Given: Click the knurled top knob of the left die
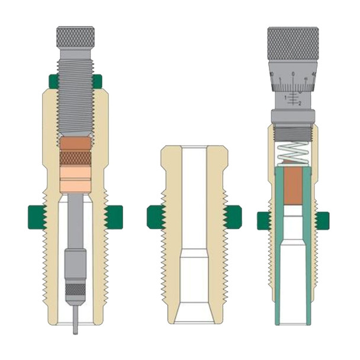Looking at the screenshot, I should coord(75,36).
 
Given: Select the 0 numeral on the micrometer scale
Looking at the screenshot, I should coord(294,74).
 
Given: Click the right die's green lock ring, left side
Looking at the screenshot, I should coord(265,221).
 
